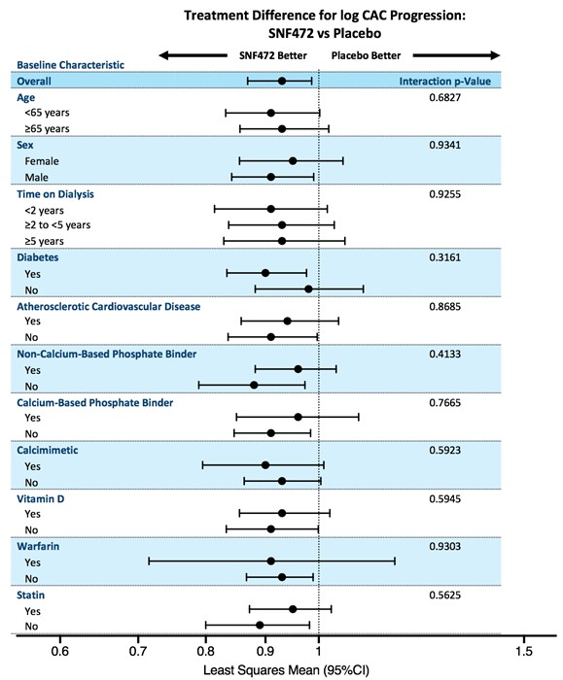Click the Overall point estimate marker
point(282,81)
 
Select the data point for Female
point(293,161)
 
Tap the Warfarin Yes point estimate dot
point(271,561)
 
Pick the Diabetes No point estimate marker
point(308,289)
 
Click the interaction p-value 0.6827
point(445,97)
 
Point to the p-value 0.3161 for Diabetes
point(445,257)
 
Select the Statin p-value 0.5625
point(445,595)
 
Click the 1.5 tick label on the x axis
point(524,651)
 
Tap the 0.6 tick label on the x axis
point(60,651)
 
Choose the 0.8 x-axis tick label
point(206,651)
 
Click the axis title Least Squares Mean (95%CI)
point(286,670)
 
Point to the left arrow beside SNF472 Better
point(194,55)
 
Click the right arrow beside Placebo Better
point(456,55)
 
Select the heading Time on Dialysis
point(55,194)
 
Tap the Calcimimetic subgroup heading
point(48,450)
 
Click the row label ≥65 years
point(47,129)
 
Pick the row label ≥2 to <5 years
point(57,225)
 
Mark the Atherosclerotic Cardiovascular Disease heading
point(109,307)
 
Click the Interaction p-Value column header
point(445,81)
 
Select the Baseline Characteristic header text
point(70,65)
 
